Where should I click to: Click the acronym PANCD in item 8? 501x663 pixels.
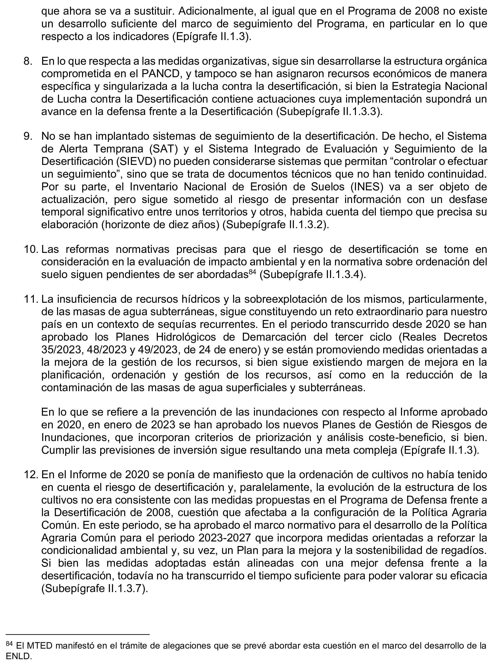pyautogui.click(x=146, y=74)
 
